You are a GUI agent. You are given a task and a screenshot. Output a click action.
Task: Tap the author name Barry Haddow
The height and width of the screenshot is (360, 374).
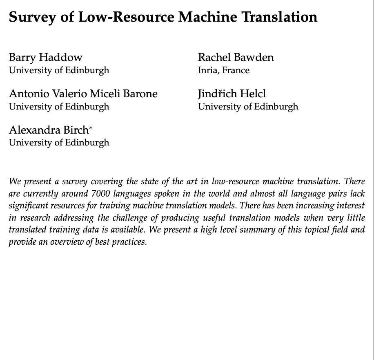point(46,57)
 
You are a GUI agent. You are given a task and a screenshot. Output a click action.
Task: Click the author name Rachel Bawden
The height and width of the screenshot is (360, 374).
point(236,57)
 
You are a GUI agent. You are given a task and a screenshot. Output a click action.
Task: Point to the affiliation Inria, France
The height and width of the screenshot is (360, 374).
point(224,70)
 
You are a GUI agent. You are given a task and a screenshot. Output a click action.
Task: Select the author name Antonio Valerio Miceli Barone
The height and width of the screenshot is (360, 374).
point(83,94)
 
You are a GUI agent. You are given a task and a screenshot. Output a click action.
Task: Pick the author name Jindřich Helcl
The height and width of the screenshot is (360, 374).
point(232,94)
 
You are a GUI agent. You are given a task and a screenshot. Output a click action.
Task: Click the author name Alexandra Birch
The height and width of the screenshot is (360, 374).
point(49,130)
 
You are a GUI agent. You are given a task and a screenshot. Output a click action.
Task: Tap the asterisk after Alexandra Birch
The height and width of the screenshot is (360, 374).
point(91,128)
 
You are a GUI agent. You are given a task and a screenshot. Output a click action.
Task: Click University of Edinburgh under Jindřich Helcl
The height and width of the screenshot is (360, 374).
point(248,107)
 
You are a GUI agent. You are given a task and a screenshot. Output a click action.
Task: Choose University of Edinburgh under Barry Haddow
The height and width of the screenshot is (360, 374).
point(59,70)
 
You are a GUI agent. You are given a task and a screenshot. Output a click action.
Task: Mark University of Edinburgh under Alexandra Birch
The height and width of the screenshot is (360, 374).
point(59,143)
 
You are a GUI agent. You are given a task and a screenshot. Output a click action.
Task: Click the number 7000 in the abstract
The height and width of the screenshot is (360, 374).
point(100,194)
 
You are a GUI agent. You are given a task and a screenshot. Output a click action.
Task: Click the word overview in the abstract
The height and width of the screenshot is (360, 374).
point(68,242)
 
